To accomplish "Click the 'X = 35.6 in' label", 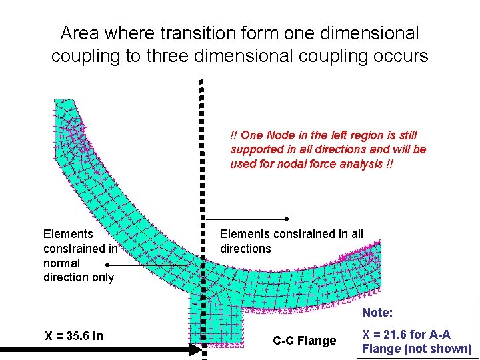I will click(73, 335).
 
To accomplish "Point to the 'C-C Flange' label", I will click(305, 341).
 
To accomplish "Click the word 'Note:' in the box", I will click(377, 312).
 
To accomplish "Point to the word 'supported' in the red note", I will click(256, 149).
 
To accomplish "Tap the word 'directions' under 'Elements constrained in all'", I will click(245, 249).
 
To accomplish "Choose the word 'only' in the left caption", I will click(101, 277).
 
